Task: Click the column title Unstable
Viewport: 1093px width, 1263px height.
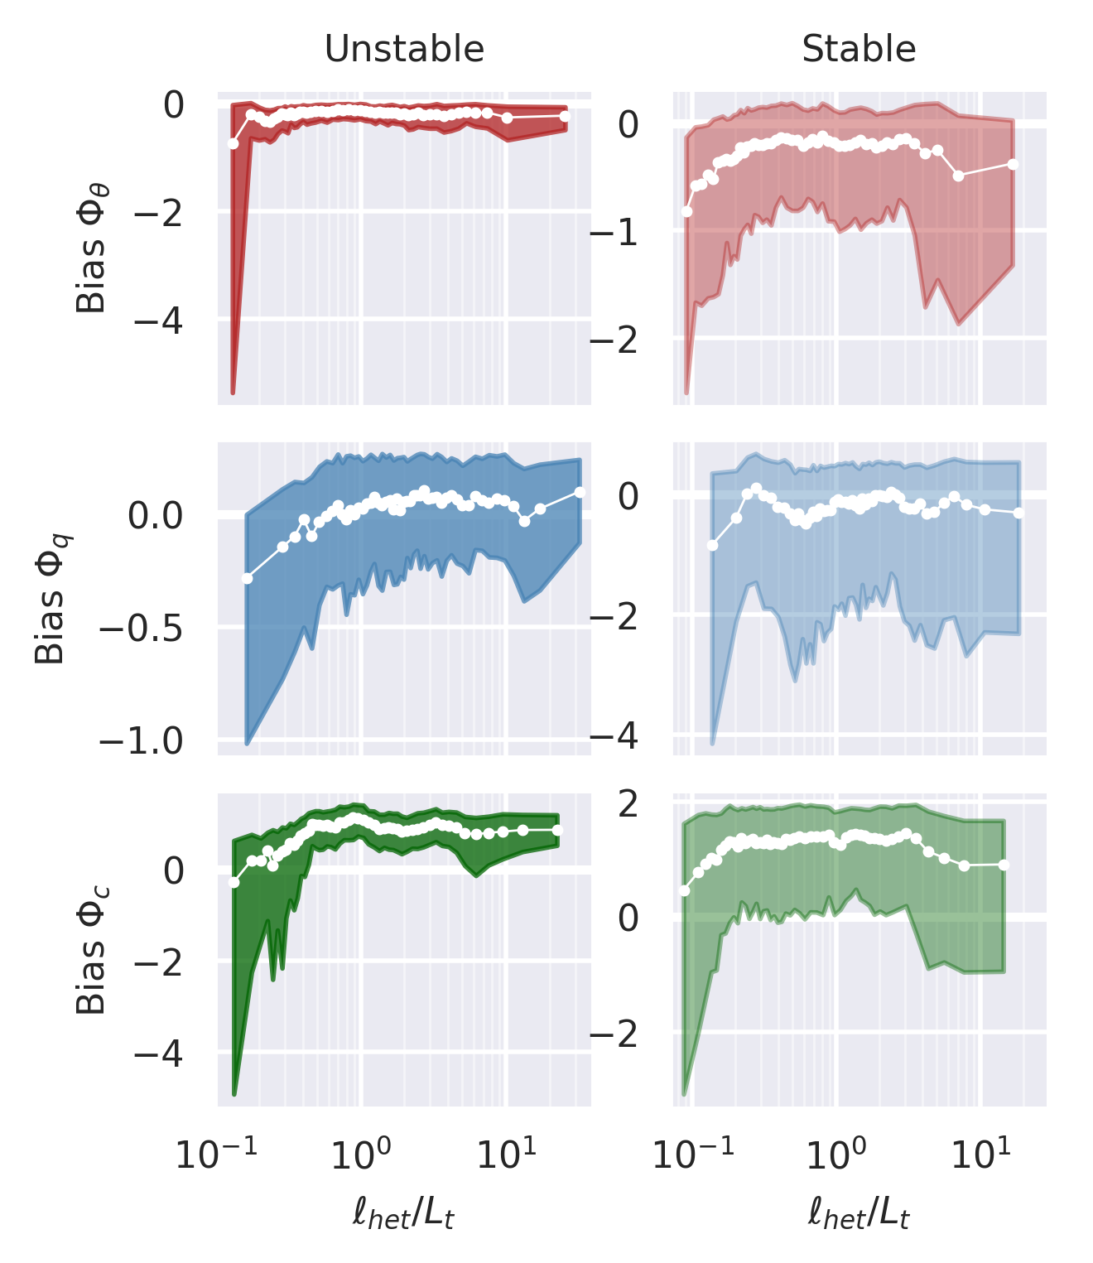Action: (x=404, y=50)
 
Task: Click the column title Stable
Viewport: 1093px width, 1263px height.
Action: (x=859, y=50)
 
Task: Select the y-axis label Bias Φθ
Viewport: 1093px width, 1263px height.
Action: (x=92, y=248)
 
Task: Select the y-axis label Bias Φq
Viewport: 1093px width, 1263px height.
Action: (x=51, y=599)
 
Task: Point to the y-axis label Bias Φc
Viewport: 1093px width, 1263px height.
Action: (x=92, y=950)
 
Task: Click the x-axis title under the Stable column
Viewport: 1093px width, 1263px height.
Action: (x=859, y=1215)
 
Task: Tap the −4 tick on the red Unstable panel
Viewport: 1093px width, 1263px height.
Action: (x=159, y=319)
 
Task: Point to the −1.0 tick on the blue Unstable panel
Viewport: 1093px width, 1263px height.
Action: (x=141, y=740)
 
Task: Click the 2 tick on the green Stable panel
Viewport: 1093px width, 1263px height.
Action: (x=628, y=803)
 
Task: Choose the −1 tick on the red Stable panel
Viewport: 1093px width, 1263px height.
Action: (x=614, y=233)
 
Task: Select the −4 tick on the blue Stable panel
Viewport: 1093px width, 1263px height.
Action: (x=614, y=736)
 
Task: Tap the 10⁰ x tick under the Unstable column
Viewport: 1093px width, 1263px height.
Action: (x=362, y=1153)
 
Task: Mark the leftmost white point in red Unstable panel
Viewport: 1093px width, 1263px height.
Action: (x=234, y=143)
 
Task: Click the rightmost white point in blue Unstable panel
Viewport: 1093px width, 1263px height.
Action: (x=580, y=492)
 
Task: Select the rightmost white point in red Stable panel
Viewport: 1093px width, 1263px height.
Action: (x=1013, y=164)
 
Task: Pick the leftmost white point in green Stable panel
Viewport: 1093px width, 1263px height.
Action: (x=685, y=890)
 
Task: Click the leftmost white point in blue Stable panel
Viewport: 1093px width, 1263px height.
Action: (x=712, y=545)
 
